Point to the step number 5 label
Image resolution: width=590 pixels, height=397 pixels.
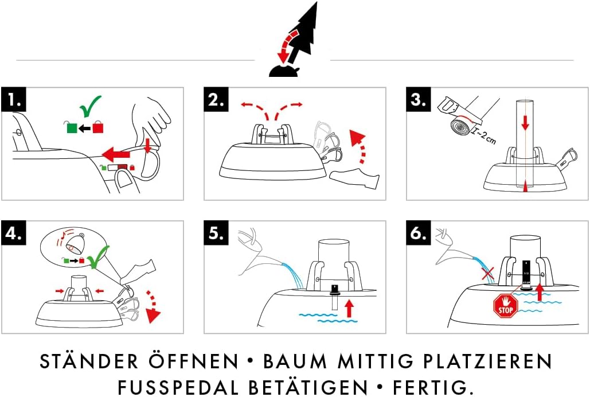click(x=216, y=233)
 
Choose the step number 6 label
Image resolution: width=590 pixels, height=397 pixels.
click(x=418, y=233)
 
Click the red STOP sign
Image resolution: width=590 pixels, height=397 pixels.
click(x=506, y=306)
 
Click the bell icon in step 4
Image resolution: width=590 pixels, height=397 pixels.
click(x=73, y=243)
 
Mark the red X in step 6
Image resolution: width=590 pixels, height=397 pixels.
click(x=488, y=273)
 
